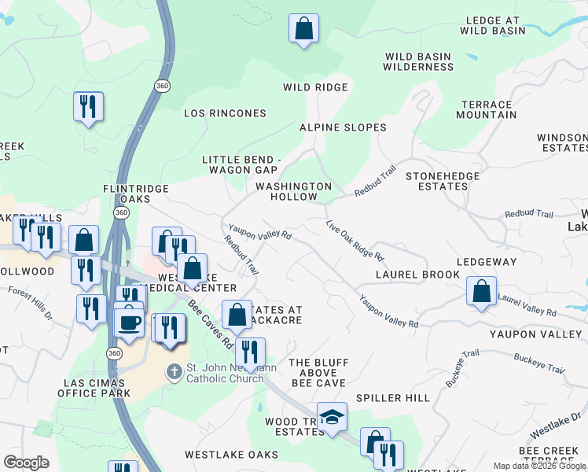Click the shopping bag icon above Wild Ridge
pyautogui.click(x=303, y=29)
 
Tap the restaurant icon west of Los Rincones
pyautogui.click(x=88, y=106)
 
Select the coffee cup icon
pyautogui.click(x=129, y=322)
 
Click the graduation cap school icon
pyautogui.click(x=332, y=417)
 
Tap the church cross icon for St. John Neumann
pyautogui.click(x=175, y=370)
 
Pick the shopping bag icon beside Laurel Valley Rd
pyautogui.click(x=481, y=291)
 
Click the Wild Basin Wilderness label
pyautogui.click(x=418, y=61)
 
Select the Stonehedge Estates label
pyautogui.click(x=437, y=181)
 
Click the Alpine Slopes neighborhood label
pyautogui.click(x=343, y=127)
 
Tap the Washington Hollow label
pyautogui.click(x=294, y=191)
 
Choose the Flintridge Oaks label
pyautogui.click(x=127, y=194)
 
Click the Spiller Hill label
pyautogui.click(x=393, y=398)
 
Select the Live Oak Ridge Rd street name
pyautogui.click(x=355, y=241)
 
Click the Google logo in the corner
pyautogui.click(x=26, y=463)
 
